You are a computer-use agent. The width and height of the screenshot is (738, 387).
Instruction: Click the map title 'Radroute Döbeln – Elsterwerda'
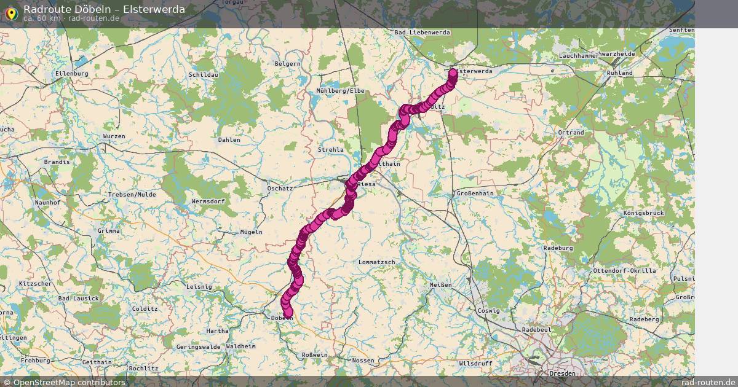pyautogui.click(x=103, y=9)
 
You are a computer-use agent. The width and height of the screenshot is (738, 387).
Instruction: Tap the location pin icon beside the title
pyautogui.click(x=11, y=13)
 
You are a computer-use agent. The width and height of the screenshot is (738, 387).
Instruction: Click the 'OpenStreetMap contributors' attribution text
pyautogui.click(x=69, y=382)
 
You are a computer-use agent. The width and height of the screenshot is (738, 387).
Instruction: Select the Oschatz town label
pyautogui.click(x=280, y=189)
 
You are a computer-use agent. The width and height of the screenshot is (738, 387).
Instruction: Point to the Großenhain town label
pyautogui.click(x=475, y=193)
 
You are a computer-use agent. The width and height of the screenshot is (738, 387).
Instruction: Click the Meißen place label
pyautogui.click(x=440, y=285)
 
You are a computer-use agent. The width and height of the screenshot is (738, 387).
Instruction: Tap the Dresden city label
pyautogui.click(x=563, y=373)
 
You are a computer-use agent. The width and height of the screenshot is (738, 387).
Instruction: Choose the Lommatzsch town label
pyautogui.click(x=377, y=262)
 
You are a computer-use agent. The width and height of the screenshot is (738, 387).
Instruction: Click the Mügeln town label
pyautogui.click(x=251, y=232)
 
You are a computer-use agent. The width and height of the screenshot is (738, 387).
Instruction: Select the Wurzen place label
pyautogui.click(x=114, y=136)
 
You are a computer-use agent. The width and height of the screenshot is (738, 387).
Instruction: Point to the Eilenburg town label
pyautogui.click(x=72, y=74)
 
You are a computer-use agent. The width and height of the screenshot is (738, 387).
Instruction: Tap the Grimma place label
pyautogui.click(x=109, y=231)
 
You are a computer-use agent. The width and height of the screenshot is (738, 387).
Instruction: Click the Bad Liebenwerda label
pyautogui.click(x=423, y=33)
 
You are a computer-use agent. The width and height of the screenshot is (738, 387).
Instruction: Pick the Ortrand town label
pyautogui.click(x=571, y=133)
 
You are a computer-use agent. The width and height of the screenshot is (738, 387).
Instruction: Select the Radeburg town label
pyautogui.click(x=558, y=248)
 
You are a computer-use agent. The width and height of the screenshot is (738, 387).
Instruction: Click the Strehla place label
pyautogui.click(x=331, y=150)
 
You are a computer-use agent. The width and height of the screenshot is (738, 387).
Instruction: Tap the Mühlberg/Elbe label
pyautogui.click(x=341, y=91)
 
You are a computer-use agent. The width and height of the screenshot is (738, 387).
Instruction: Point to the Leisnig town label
pyautogui.click(x=199, y=286)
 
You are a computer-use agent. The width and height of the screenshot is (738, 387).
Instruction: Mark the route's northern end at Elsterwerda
pyautogui.click(x=453, y=73)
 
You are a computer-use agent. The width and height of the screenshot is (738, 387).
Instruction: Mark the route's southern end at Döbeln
pyautogui.click(x=288, y=314)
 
